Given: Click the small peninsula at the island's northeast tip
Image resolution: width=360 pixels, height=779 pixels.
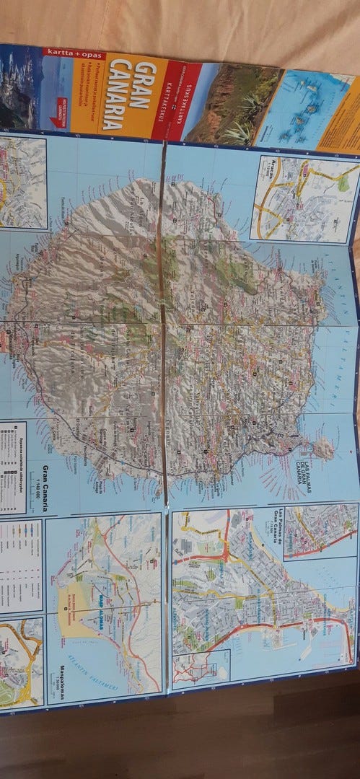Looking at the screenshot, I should (x=320, y=449).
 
